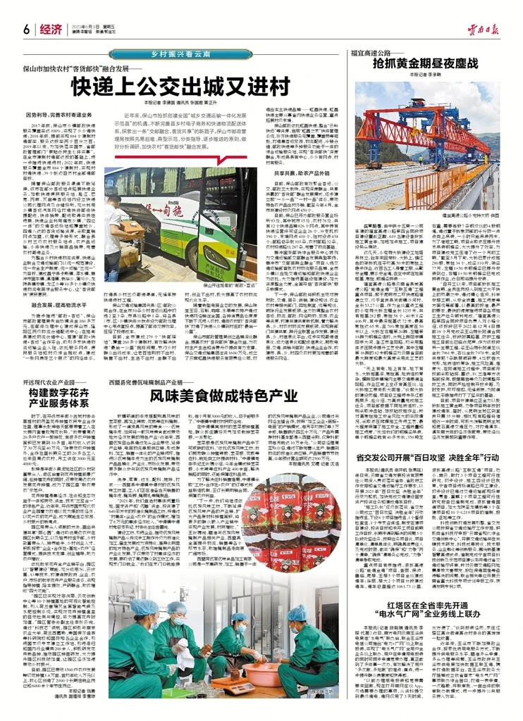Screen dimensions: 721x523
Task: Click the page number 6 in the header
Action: [x=25, y=28]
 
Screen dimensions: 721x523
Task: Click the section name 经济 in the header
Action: [x=51, y=28]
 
